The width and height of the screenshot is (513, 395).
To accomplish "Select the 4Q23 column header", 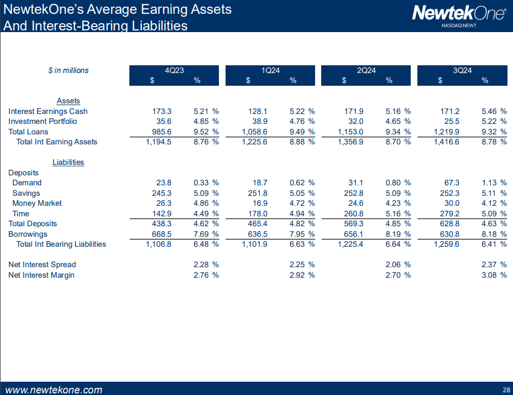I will (x=174, y=70).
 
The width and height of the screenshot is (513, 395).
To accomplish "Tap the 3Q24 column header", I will (x=462, y=70).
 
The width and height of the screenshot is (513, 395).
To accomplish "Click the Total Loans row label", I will (x=28, y=132).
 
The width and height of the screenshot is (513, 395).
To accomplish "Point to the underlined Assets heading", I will (x=69, y=101).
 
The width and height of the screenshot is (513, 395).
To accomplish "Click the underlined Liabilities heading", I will (x=68, y=162).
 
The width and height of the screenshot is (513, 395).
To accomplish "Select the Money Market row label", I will (x=37, y=203).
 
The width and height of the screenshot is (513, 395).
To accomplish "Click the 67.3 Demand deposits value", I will (x=452, y=183).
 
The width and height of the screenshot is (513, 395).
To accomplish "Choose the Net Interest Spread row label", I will (x=42, y=264).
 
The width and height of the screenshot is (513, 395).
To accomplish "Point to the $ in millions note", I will (x=68, y=70).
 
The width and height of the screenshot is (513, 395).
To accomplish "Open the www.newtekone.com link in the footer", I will (x=54, y=389).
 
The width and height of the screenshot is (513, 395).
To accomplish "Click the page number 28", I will (x=506, y=389).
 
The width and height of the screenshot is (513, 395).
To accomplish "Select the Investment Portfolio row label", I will (x=43, y=121).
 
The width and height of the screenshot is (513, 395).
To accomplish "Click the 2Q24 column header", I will (x=366, y=70).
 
